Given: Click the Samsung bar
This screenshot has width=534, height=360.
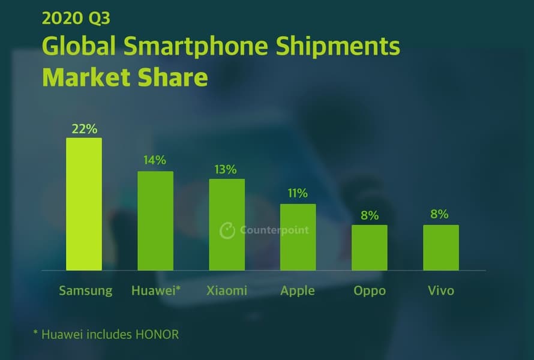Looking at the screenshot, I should click(x=83, y=204).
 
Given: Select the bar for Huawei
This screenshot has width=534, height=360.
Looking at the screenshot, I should click(x=155, y=221).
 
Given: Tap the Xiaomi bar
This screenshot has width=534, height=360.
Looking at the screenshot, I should click(x=227, y=224).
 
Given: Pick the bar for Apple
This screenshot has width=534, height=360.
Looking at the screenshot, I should click(x=298, y=237).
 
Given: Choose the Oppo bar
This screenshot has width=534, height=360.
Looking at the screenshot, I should click(x=369, y=247).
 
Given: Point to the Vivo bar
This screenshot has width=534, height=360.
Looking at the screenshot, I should click(x=441, y=247).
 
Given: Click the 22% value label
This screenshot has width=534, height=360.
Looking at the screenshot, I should click(x=83, y=128).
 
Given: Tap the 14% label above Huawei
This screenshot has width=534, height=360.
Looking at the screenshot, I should click(x=155, y=160).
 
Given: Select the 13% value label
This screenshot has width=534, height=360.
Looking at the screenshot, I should click(x=226, y=169).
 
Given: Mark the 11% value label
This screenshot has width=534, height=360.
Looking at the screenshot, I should click(x=298, y=193).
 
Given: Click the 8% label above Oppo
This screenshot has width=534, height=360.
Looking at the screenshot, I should click(x=370, y=215).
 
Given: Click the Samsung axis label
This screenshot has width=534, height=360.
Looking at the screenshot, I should click(x=85, y=291).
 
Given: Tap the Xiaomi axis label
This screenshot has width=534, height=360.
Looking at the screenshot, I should click(x=226, y=291).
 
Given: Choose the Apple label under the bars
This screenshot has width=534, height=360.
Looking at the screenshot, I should click(x=298, y=291).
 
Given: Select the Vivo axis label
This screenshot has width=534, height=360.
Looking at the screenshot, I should click(x=441, y=291).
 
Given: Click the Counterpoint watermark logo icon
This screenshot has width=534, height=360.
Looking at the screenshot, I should click(x=227, y=230).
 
